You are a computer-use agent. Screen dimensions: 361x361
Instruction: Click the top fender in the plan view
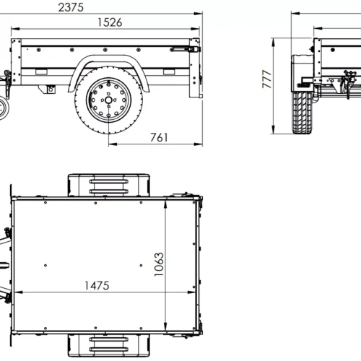coord(108,184)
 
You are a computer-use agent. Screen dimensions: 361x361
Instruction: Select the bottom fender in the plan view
coord(108,344)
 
